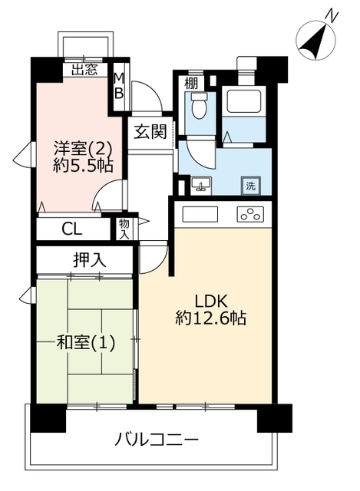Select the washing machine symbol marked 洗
coord(250,186)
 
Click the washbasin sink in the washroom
coord(201,184)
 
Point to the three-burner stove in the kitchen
coord(250,215)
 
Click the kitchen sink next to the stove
coord(200,215)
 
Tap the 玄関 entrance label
coord(150,131)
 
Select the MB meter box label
coord(119,85)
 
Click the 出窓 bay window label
coord(84,70)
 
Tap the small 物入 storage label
coord(124,229)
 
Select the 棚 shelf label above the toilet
coord(191,84)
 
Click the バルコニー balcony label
coord(157,440)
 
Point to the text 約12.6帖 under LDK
coord(210,318)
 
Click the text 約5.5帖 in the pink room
coord(84,165)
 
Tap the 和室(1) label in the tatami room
coord(85,343)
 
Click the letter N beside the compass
coord(332,16)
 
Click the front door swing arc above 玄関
coord(149,93)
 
